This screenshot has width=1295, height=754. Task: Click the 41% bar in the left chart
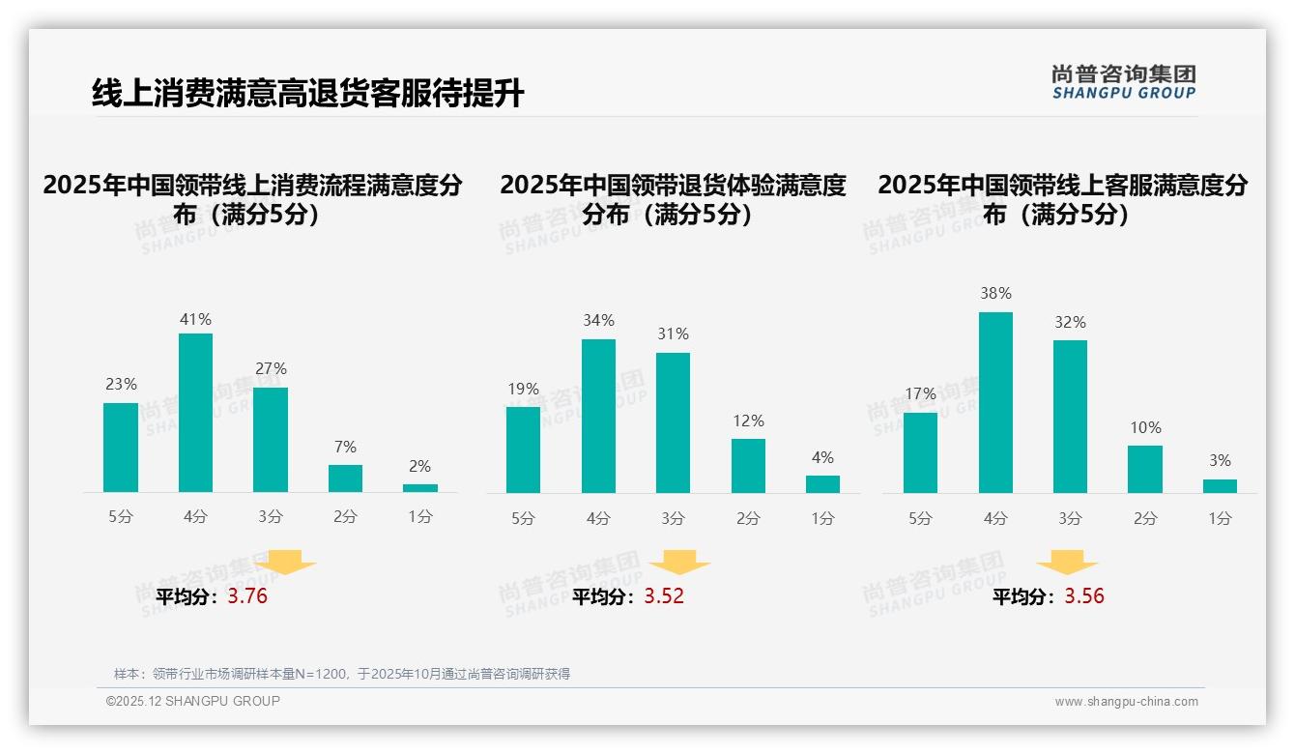(x=196, y=413)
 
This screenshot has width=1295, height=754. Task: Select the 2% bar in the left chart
(x=420, y=488)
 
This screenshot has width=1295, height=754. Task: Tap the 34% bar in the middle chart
(x=598, y=416)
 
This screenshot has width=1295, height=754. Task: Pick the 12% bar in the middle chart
(x=748, y=466)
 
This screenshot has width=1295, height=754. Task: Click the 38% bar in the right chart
(x=995, y=402)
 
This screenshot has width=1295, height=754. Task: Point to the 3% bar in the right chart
(x=1220, y=486)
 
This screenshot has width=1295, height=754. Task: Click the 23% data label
(x=121, y=385)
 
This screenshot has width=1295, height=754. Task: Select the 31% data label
(x=673, y=334)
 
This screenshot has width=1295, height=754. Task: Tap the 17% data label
(x=920, y=394)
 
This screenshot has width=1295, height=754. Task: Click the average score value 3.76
(x=247, y=596)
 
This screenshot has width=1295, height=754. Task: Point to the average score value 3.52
(x=664, y=596)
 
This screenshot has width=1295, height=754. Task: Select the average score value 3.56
(x=1084, y=596)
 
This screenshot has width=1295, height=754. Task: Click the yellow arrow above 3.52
(x=679, y=563)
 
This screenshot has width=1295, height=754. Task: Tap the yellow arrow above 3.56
(x=1067, y=563)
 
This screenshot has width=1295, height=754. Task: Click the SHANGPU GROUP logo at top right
(x=1123, y=81)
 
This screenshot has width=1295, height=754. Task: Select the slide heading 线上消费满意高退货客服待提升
(x=307, y=93)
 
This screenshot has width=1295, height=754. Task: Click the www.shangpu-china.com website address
(x=1126, y=702)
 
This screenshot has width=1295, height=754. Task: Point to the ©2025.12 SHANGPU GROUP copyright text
(x=193, y=701)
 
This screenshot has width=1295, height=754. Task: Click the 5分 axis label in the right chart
(x=920, y=519)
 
